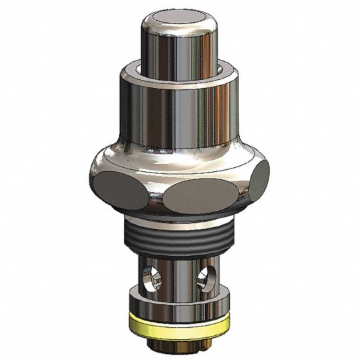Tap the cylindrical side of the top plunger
pyautogui.click(x=168, y=47)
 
